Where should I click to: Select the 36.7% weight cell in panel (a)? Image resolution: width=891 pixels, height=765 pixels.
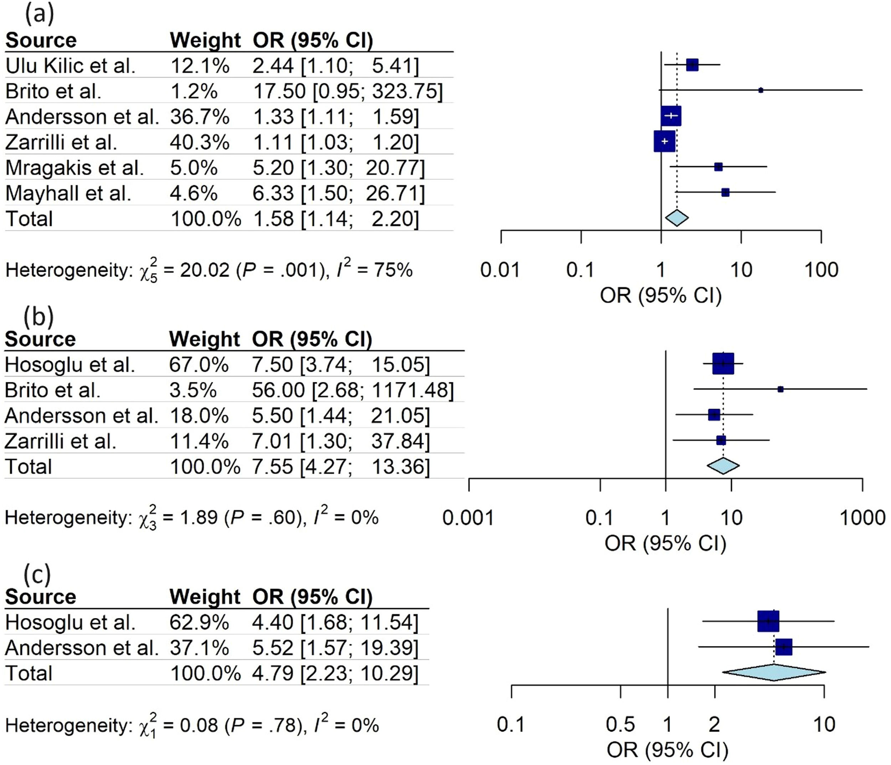pos(200,117)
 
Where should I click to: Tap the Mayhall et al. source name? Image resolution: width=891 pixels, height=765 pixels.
pos(68,193)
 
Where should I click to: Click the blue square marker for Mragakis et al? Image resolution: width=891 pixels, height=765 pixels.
pos(718,167)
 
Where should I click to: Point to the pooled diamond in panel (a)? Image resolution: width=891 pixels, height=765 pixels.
pos(677,218)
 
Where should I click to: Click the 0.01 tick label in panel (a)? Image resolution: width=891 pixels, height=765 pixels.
pos(500,270)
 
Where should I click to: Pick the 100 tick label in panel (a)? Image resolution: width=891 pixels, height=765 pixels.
pos(821,270)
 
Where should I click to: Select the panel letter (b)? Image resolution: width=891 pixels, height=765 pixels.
pos(39,316)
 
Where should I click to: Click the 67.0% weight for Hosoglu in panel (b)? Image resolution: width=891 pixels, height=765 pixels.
pos(199,365)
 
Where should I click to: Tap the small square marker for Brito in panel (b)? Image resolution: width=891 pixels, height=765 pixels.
pos(781,389)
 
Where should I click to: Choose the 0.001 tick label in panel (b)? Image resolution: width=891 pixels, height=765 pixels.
pos(468,518)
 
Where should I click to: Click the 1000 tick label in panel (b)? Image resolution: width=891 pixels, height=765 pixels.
pos(862,518)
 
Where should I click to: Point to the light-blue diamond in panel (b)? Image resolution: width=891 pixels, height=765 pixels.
pos(723,466)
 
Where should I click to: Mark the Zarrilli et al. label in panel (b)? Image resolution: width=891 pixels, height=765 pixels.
pos(61,441)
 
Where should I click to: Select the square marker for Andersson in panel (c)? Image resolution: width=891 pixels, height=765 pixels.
pos(783,647)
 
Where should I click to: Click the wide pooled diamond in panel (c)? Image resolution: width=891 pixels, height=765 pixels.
pos(774,673)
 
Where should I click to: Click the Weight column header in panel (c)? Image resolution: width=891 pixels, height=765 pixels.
pos(205,597)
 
